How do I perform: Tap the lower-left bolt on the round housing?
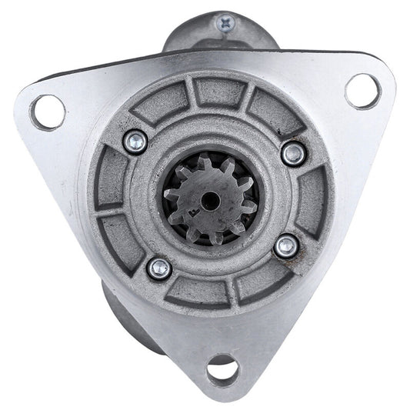tap(160, 268)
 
